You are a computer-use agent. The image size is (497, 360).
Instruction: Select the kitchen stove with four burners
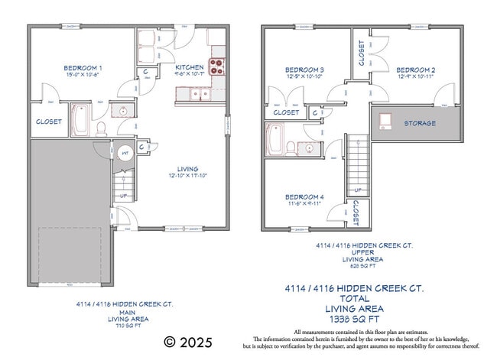click(x=217, y=66)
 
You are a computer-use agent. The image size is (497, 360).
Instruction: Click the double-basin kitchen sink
click(x=200, y=94)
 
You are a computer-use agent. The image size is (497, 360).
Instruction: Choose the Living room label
click(x=187, y=169)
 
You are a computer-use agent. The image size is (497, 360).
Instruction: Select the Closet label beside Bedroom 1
click(x=50, y=122)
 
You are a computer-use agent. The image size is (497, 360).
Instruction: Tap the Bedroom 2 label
click(x=416, y=70)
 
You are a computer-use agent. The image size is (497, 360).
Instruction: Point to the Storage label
click(x=420, y=123)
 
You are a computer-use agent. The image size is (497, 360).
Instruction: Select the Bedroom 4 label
click(x=305, y=197)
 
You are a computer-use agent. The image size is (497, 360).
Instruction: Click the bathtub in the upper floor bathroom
click(x=274, y=141)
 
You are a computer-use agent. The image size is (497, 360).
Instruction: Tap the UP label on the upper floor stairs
click(x=357, y=190)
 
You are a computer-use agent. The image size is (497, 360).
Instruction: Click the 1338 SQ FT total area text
click(x=355, y=318)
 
